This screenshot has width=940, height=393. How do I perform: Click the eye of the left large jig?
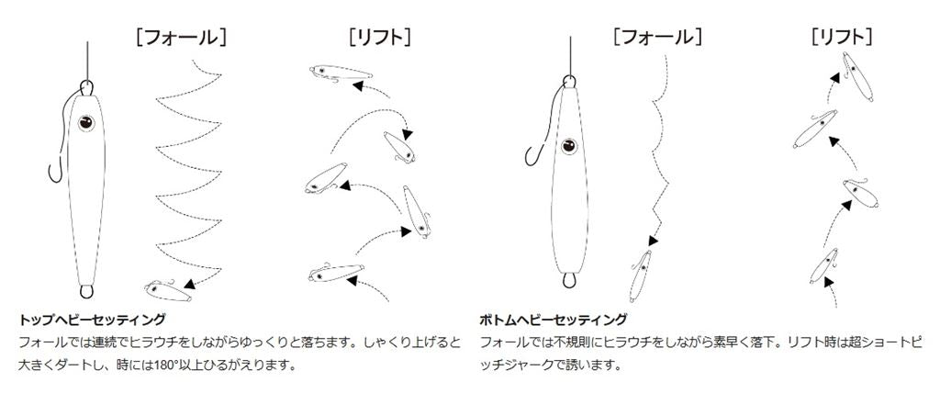(x=86, y=123)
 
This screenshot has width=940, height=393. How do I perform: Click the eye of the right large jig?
(x=568, y=146)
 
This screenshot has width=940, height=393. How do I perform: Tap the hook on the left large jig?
(x=56, y=171)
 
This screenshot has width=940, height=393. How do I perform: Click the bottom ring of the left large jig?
(x=87, y=292)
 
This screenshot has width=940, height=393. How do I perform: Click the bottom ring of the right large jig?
(x=568, y=280)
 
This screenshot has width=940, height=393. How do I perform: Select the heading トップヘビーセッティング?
(x=92, y=319)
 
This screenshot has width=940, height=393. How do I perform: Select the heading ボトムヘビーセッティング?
(x=554, y=319)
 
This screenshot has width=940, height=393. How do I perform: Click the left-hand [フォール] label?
(x=181, y=38)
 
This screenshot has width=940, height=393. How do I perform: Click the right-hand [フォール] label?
(x=657, y=38)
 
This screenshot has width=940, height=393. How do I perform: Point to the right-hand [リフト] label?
(x=842, y=38)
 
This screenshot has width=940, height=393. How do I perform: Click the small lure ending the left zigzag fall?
(x=168, y=290)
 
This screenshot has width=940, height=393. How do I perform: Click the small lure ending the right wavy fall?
(x=640, y=275)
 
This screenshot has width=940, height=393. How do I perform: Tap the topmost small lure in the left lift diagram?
(x=340, y=73)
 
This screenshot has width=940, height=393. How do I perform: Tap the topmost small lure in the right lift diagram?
(x=856, y=76)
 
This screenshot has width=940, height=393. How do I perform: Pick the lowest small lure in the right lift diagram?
(x=824, y=266)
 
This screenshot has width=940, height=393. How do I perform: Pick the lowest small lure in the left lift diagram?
(x=336, y=273)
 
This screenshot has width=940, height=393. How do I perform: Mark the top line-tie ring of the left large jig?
(x=87, y=87)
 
